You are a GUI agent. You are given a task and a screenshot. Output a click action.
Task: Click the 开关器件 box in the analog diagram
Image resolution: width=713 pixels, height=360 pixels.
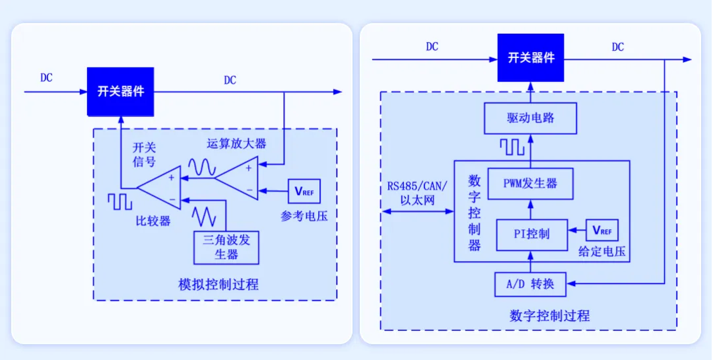click(x=121, y=91)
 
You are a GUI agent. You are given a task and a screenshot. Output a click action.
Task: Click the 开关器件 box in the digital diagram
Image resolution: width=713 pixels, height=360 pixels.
click(x=531, y=58)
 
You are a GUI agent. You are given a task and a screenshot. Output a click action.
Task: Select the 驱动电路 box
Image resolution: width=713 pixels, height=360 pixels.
click(x=530, y=119)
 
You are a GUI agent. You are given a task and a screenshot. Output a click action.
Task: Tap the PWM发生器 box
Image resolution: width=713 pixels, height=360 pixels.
click(x=529, y=184)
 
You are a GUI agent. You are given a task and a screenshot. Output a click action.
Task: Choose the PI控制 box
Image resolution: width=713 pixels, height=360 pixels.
click(x=531, y=234)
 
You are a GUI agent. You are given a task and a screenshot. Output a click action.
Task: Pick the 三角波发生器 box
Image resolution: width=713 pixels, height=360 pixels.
click(x=226, y=248)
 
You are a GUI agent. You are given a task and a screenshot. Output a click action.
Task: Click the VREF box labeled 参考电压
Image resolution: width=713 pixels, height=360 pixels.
click(x=304, y=192)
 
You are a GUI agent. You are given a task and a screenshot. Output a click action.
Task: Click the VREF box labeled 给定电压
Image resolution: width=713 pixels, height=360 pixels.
click(x=602, y=231)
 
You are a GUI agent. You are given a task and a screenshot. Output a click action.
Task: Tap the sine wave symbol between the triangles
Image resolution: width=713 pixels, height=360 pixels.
click(x=200, y=168)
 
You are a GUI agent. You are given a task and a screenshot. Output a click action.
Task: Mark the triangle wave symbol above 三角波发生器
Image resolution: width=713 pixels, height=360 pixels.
click(x=204, y=216)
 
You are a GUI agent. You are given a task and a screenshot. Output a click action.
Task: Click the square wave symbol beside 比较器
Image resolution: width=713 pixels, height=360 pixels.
click(x=120, y=201)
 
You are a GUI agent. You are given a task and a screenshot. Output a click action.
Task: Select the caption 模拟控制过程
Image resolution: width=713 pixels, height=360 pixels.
click(x=219, y=285)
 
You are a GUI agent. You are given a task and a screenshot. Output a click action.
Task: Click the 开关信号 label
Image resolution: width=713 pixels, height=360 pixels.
click(x=144, y=154)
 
